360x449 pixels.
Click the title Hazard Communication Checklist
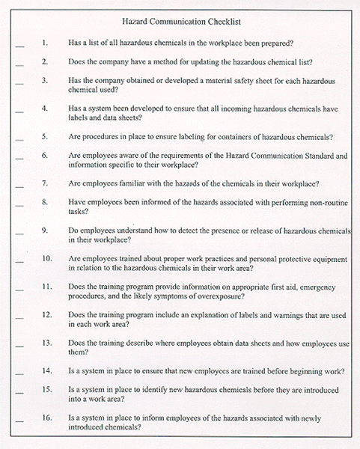click(x=180, y=24)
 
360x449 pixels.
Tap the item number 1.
click(x=45, y=43)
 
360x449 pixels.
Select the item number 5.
click(x=45, y=137)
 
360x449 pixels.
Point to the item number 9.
click(x=45, y=230)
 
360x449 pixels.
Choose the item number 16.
click(x=46, y=418)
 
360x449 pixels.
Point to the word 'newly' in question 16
click(x=332, y=418)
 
